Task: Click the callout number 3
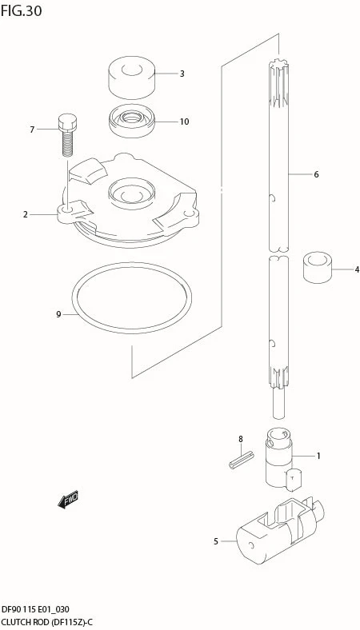click(182, 74)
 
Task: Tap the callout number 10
click(184, 122)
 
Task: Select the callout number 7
click(32, 130)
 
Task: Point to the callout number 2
click(26, 214)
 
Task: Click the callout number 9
click(58, 314)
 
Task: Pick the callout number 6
click(316, 174)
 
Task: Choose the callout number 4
click(357, 269)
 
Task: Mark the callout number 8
click(241, 439)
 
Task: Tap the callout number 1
click(318, 456)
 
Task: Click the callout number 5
click(216, 541)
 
